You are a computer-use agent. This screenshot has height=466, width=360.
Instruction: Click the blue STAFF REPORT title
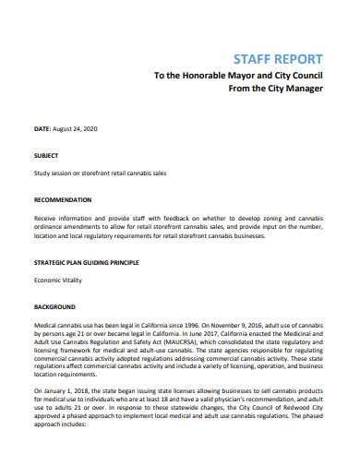[279, 56]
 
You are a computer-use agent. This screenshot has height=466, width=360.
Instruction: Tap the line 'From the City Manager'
[275, 90]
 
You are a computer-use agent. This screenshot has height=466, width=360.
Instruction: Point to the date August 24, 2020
[78, 131]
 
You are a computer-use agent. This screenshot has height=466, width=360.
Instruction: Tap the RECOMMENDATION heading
[63, 199]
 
